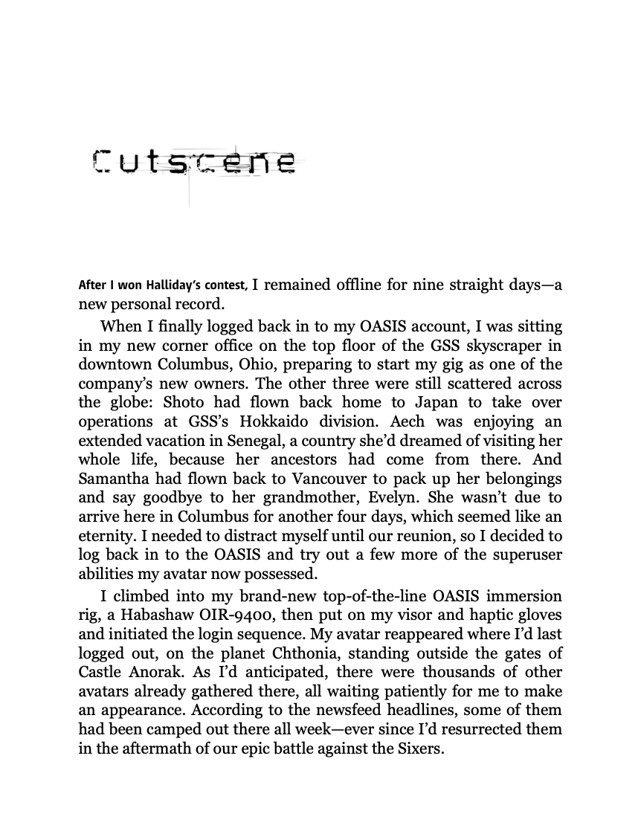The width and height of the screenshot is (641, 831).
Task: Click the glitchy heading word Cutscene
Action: [x=194, y=162]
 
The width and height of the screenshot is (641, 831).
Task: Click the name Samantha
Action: [x=117, y=479]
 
